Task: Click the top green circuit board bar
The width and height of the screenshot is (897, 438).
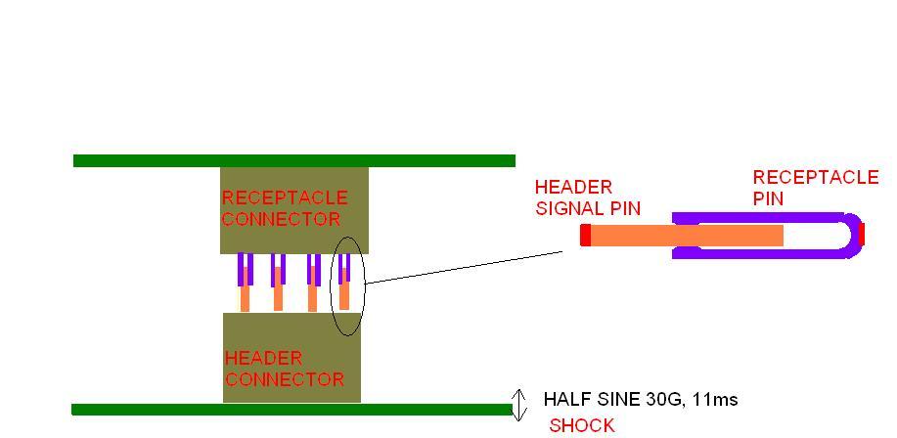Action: pyautogui.click(x=293, y=160)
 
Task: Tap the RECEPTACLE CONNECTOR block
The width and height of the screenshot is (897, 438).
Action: pyautogui.click(x=293, y=235)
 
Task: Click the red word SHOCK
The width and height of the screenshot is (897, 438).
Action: pyautogui.click(x=582, y=425)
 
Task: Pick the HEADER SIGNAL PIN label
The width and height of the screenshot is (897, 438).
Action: pyautogui.click(x=587, y=197)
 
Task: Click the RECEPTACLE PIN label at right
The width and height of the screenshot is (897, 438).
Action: pyautogui.click(x=815, y=188)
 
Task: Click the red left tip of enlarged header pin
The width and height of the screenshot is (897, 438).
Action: pyautogui.click(x=585, y=236)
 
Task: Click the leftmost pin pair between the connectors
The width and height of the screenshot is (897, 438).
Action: pyautogui.click(x=245, y=282)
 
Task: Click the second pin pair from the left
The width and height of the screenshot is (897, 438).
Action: pyautogui.click(x=279, y=282)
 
